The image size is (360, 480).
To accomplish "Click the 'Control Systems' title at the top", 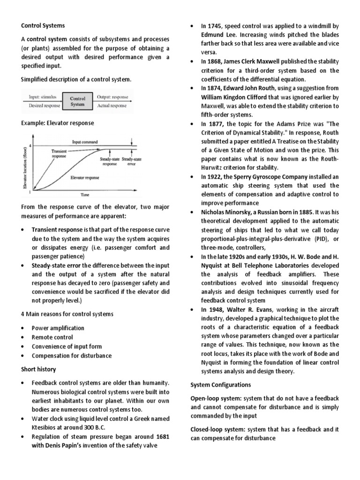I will click(43, 25).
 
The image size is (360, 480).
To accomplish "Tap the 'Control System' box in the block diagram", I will click(77, 102).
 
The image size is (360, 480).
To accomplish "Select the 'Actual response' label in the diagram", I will click(111, 106).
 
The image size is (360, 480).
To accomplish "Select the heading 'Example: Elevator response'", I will click(57, 123).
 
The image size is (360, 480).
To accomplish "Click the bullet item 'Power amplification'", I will click(58, 328).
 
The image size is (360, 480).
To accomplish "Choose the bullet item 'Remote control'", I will click(52, 337).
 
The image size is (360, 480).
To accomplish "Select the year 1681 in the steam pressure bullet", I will click(159, 437).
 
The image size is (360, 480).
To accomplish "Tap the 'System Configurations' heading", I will click(220, 385).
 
